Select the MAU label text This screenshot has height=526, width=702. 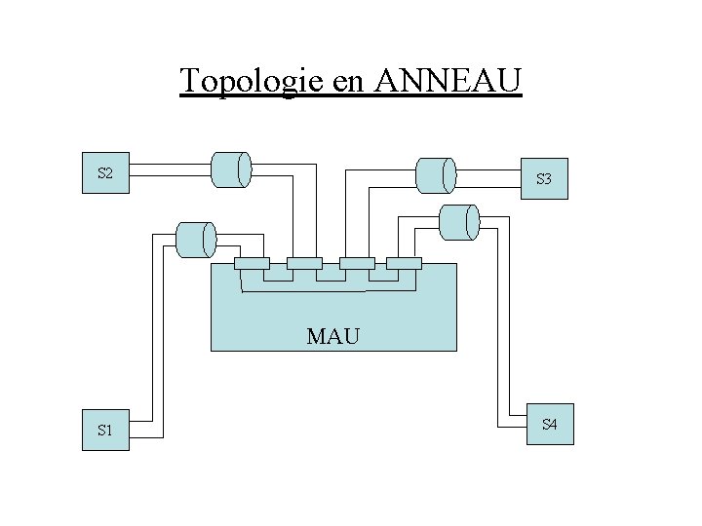pyautogui.click(x=333, y=337)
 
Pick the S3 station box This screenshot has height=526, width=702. pyautogui.click(x=544, y=179)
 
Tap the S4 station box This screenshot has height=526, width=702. pyautogui.click(x=549, y=425)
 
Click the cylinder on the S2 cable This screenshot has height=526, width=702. pyautogui.click(x=231, y=169)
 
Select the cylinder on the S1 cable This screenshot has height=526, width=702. pyautogui.click(x=195, y=239)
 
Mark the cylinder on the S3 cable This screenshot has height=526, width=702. pyautogui.click(x=435, y=174)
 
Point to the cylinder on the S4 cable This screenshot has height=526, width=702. pyautogui.click(x=459, y=221)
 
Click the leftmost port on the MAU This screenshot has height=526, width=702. pyautogui.click(x=253, y=263)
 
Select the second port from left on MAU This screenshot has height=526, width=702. pyautogui.click(x=304, y=263)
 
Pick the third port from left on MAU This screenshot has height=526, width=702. pyautogui.click(x=356, y=263)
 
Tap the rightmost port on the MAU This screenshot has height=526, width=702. pyautogui.click(x=404, y=263)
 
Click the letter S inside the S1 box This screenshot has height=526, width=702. pyautogui.click(x=101, y=430)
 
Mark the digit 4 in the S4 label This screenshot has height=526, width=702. pyautogui.click(x=553, y=425)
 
